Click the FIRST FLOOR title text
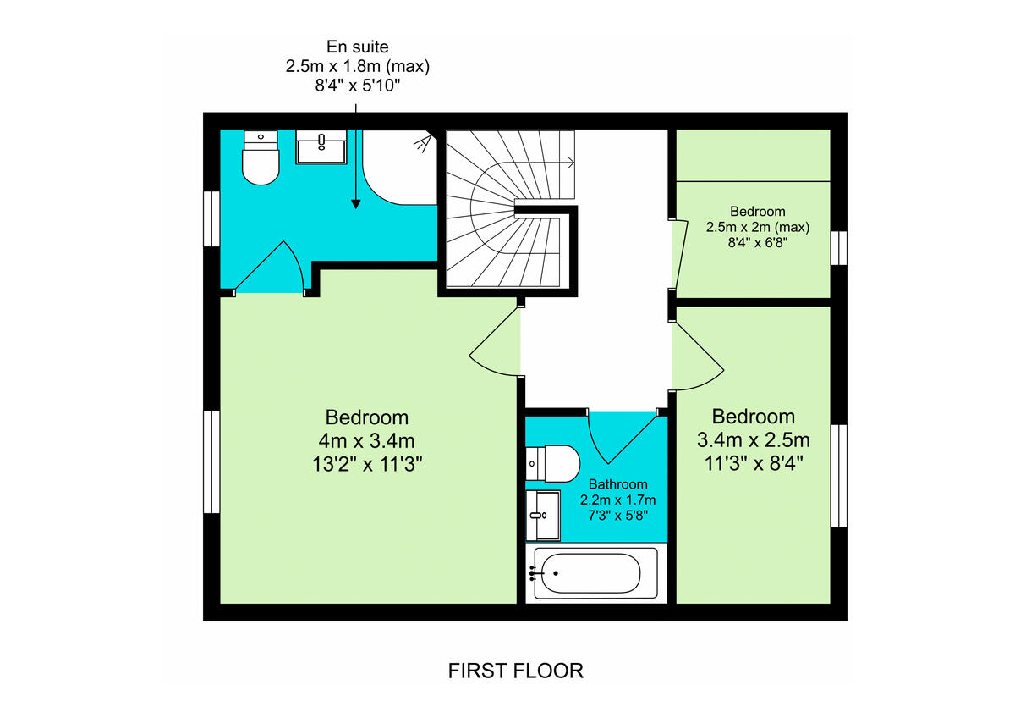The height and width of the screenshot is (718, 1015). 515,671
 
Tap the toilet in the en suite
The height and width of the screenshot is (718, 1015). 261,158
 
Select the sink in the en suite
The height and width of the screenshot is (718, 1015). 321,147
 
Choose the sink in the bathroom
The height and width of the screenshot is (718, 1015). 542,515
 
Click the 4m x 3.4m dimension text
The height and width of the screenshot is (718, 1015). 367,440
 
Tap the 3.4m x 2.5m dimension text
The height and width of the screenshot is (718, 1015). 753,440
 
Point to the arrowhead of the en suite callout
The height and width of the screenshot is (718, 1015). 355,203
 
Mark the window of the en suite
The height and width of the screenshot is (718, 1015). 211,218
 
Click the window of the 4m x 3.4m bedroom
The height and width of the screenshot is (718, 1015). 211,461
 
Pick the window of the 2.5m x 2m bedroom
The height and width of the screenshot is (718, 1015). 838,247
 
